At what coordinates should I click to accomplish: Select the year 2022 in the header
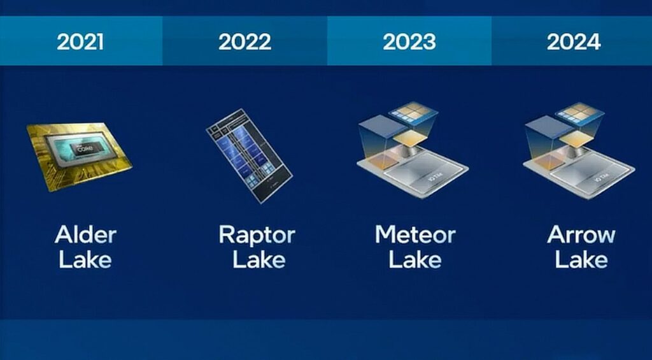coord(244,42)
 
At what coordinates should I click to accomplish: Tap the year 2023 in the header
coord(409,42)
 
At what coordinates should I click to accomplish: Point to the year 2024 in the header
coord(573,42)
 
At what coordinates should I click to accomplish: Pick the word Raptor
coord(257,234)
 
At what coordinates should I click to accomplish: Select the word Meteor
coord(415,234)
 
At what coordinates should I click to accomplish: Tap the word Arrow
coord(581,234)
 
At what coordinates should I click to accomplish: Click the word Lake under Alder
coord(85,259)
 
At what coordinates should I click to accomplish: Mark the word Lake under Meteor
coord(415,259)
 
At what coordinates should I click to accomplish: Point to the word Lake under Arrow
coord(581,259)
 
